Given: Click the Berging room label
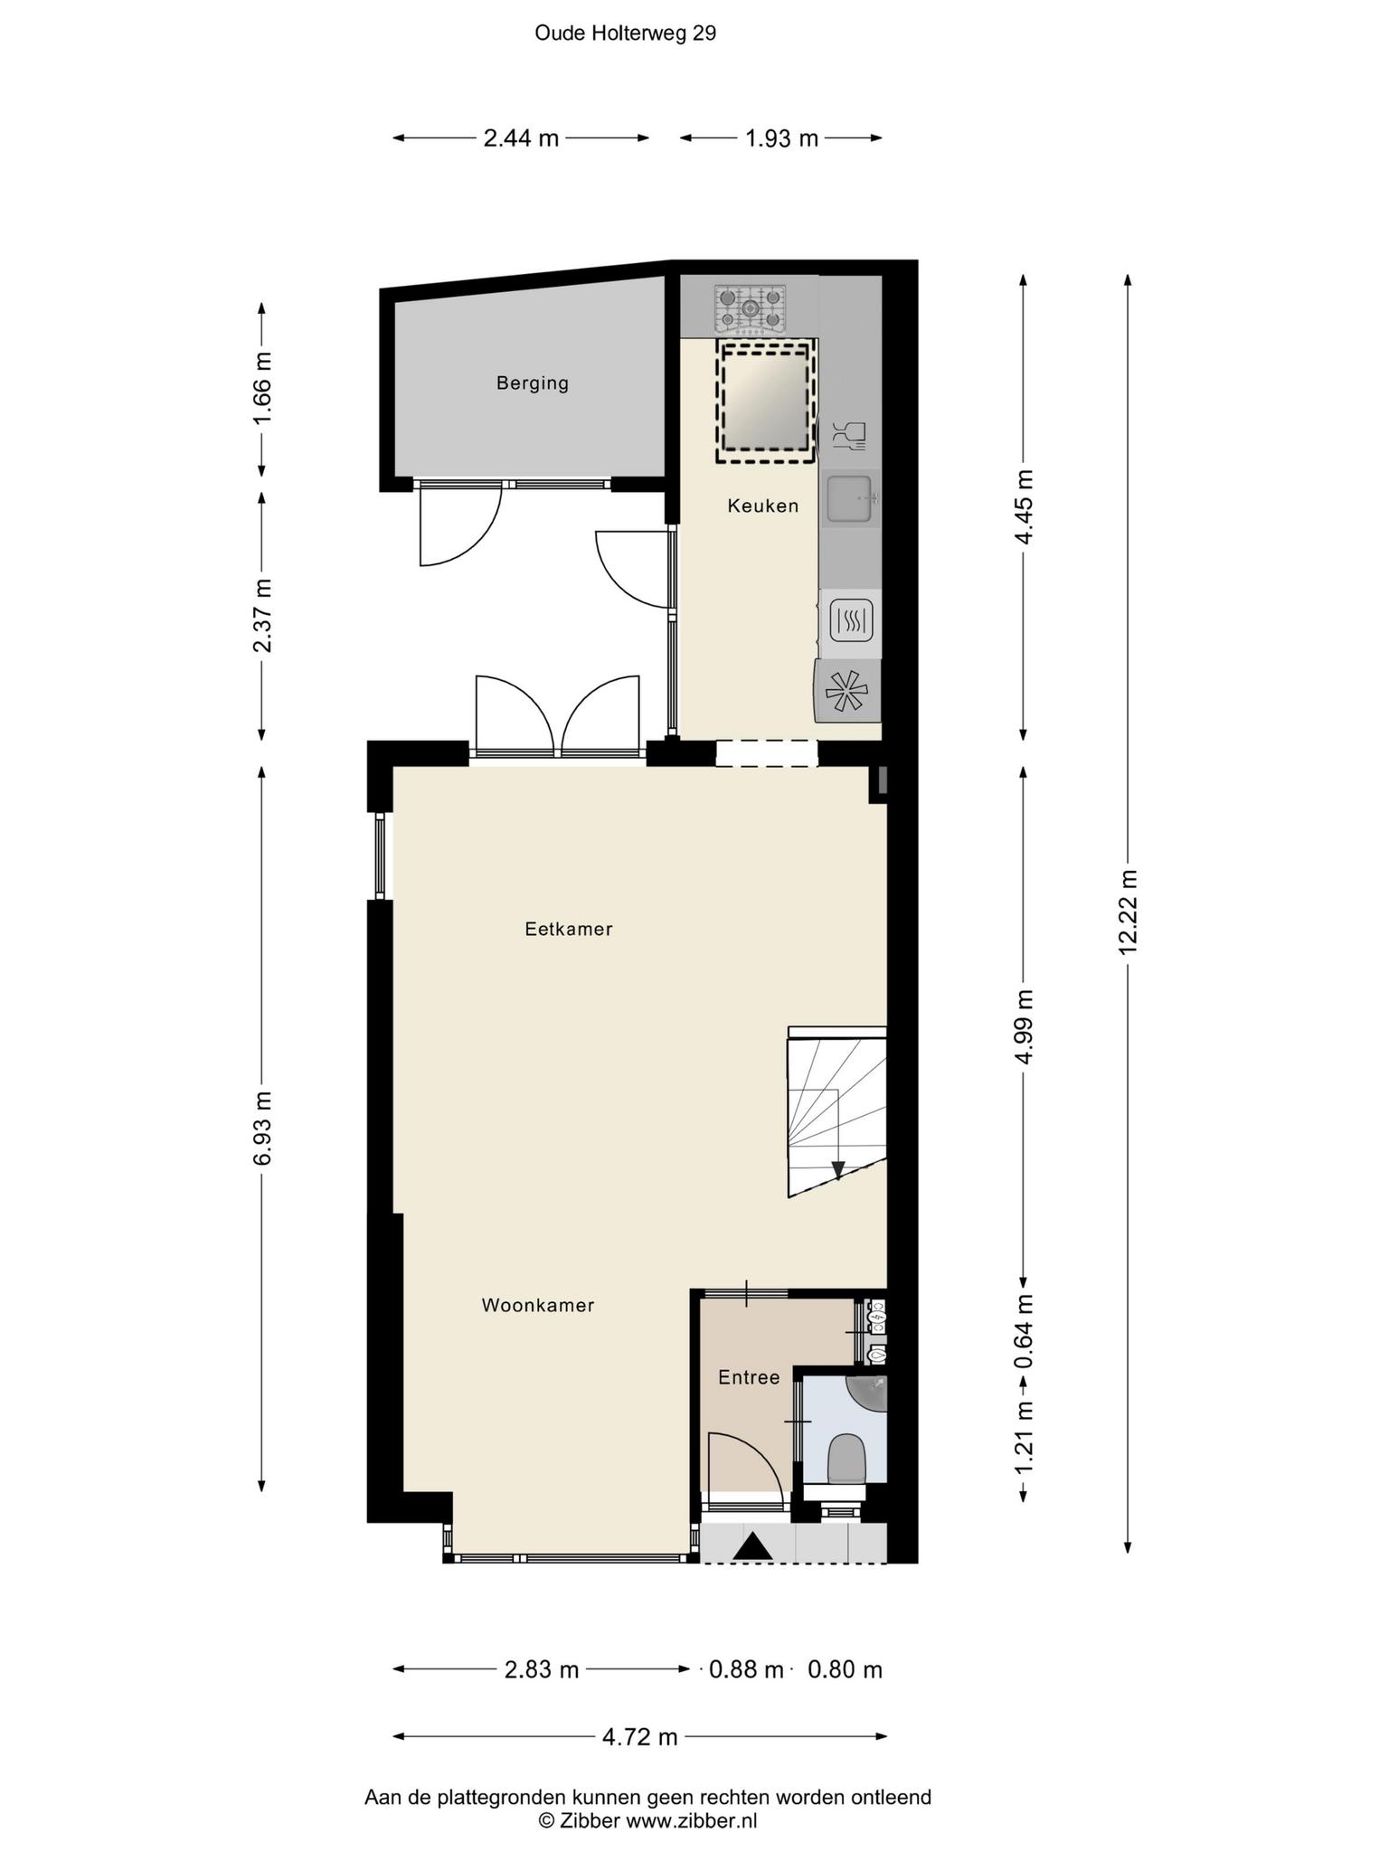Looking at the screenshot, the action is tap(533, 383).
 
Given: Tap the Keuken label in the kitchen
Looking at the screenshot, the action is tap(763, 506).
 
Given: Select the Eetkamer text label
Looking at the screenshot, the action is tap(569, 929).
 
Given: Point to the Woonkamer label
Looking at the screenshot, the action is tap(538, 1305).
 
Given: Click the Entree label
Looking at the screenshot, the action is tap(749, 1377).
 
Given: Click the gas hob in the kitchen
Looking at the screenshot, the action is tap(750, 307).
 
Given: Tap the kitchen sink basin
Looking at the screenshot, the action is tap(849, 499).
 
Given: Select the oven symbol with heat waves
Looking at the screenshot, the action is tap(850, 621).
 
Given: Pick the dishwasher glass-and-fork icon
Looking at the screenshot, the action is tap(848, 436).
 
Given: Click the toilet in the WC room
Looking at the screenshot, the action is tap(847, 1460).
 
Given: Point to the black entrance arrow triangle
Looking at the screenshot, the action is tap(752, 1547).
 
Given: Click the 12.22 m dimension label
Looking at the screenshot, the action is tap(1127, 912).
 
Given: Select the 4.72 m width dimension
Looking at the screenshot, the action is tap(640, 1736).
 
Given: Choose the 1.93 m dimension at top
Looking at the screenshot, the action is tap(781, 138).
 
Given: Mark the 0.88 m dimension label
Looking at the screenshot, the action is tap(746, 1669).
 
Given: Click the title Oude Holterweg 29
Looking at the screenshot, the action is tap(626, 33).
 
